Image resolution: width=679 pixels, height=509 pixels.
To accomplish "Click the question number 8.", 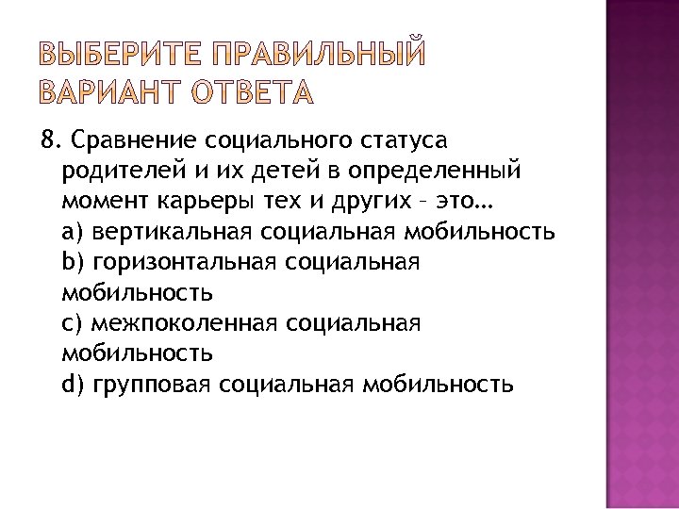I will point(47,140).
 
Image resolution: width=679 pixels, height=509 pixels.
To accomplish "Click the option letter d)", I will point(72,384).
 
